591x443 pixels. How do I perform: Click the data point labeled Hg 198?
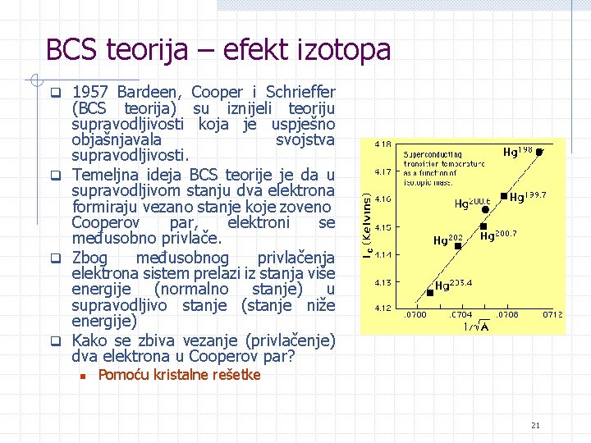coord(539,152)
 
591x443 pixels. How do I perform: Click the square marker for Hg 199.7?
coord(503,196)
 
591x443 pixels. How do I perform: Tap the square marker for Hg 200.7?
coord(484,226)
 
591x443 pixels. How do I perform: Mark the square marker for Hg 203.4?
coord(430,292)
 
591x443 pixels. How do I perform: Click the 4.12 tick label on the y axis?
coord(382,308)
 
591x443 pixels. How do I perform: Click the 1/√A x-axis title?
coord(474,326)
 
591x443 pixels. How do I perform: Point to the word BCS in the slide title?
coord(73,50)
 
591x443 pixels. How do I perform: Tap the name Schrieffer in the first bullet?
coord(297,92)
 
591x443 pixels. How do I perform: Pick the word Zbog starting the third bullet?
coord(89,258)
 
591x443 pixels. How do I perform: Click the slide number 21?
coord(535,425)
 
